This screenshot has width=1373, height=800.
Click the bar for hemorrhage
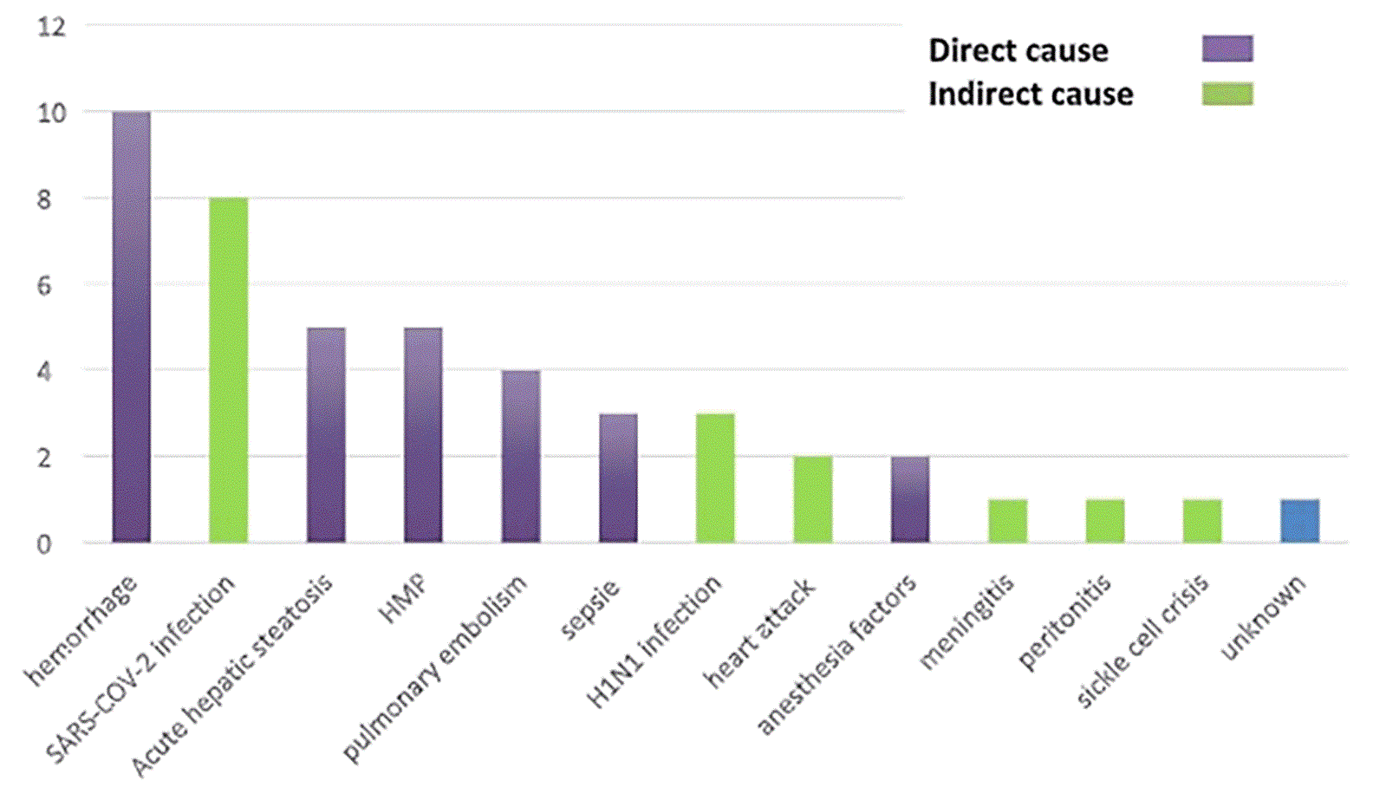point(131,327)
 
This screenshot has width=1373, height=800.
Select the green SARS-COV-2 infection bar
point(228,370)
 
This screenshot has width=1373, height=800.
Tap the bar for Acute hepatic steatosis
point(326,435)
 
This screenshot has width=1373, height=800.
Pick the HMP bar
point(423,435)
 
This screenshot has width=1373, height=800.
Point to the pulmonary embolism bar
point(520,457)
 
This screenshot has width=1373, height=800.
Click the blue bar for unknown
point(1299,521)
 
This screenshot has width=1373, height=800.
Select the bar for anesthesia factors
point(910,499)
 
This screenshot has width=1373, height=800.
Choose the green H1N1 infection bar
point(715,478)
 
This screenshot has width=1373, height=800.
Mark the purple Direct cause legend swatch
point(1227,49)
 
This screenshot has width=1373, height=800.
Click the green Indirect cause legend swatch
point(1227,94)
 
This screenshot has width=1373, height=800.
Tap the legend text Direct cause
point(1018,50)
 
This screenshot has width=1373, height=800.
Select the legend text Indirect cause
point(1031,94)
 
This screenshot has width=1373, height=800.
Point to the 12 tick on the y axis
point(52,27)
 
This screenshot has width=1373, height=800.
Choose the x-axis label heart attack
point(761,633)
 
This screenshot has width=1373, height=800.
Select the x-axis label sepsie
point(591,609)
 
